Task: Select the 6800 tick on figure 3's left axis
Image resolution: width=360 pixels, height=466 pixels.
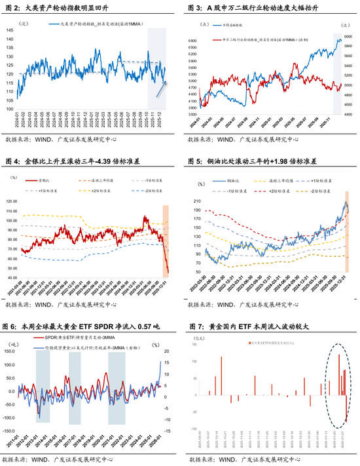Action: [x=193, y=41]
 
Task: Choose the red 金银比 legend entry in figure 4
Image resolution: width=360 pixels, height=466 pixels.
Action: [x=46, y=178]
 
